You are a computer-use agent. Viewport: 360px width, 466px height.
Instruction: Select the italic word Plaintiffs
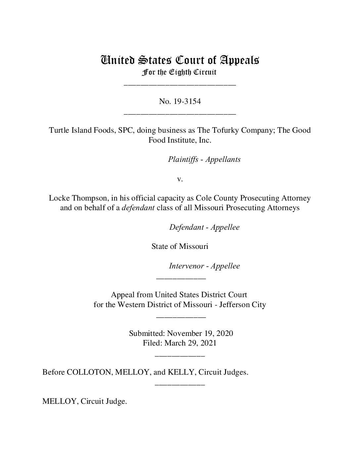[x=183, y=160]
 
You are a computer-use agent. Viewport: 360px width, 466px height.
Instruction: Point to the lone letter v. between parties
[x=180, y=179]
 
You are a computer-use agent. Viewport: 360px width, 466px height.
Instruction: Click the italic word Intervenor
[x=186, y=266]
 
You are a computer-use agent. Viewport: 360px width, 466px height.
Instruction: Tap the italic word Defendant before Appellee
[x=186, y=227]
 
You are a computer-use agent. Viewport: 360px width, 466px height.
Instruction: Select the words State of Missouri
[x=180, y=247]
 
